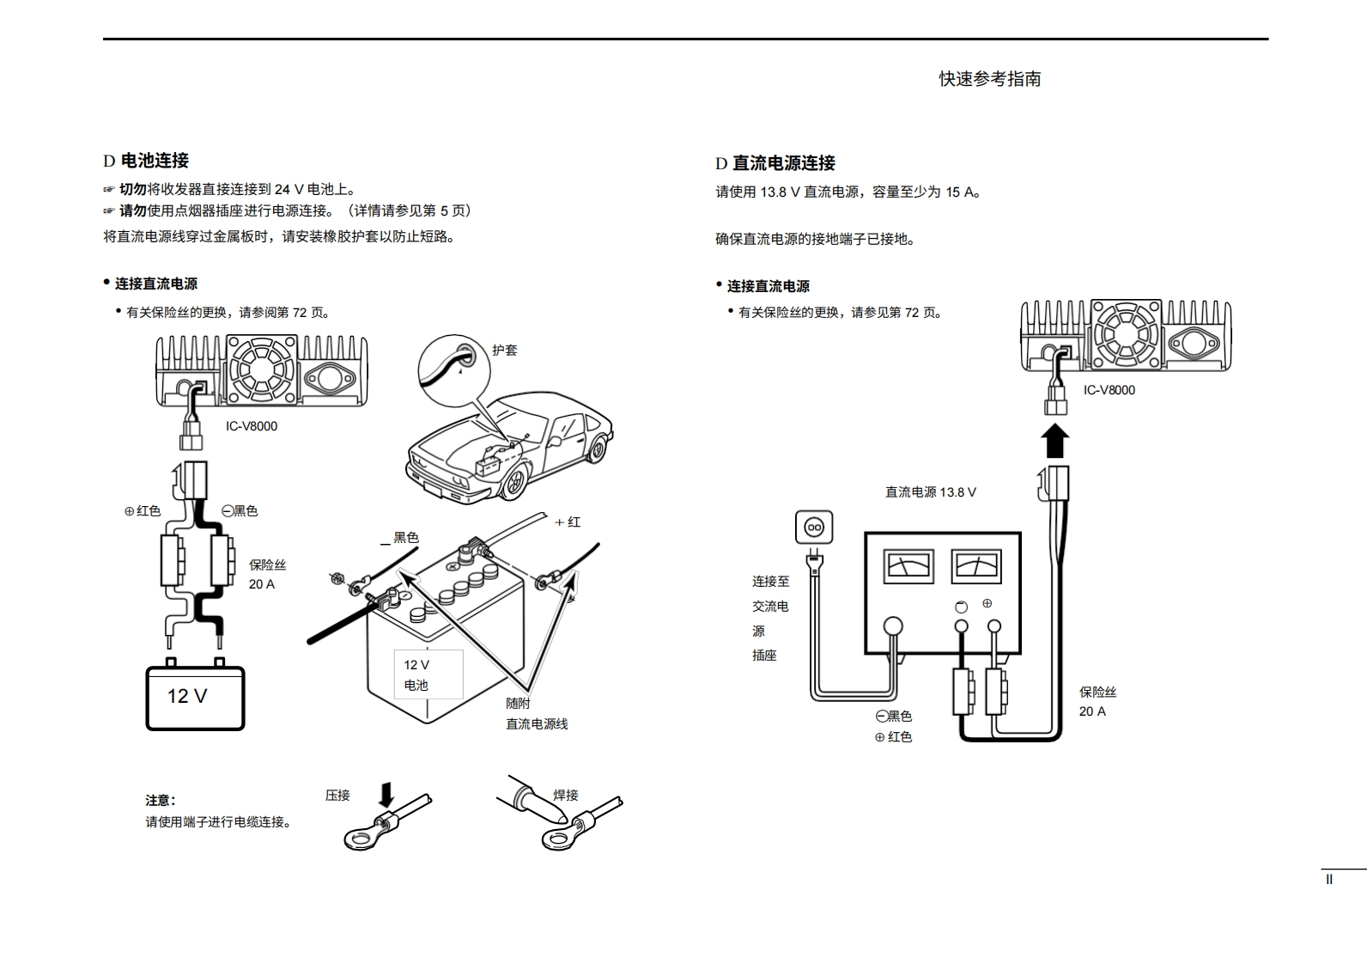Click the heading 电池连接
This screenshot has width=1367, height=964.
pos(155,161)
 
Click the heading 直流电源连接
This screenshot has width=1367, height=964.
pos(783,163)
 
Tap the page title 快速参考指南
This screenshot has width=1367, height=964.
pos(989,79)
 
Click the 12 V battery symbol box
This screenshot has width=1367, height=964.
pos(195,697)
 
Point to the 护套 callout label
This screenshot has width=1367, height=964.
pos(505,351)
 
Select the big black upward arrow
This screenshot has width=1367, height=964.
pos(1054,442)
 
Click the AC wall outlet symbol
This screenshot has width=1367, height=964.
pos(813,527)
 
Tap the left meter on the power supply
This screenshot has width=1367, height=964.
pos(908,566)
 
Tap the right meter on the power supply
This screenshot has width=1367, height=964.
pos(977,566)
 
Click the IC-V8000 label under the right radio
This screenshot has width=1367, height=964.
pos(1109,390)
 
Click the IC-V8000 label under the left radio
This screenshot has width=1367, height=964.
pos(252,426)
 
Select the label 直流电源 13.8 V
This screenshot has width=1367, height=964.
pos(930,492)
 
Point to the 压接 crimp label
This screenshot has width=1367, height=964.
pos(337,796)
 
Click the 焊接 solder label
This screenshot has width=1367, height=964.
pos(566,796)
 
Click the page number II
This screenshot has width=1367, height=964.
pos(1329,880)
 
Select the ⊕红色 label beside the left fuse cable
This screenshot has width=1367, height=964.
pos(143,511)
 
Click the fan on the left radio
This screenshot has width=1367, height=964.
pos(261,369)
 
